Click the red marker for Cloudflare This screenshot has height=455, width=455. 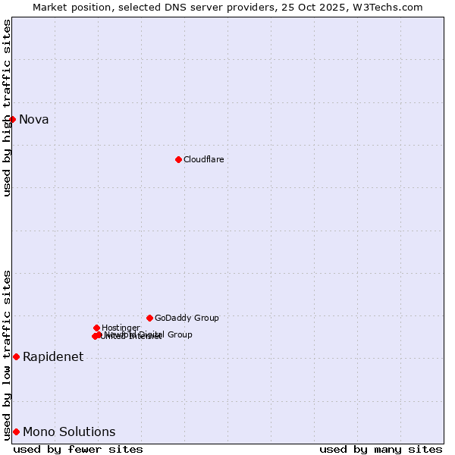tap(178, 159)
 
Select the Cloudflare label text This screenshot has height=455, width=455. tap(203, 159)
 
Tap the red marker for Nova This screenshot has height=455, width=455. tap(12, 119)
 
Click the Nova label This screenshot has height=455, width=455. tap(33, 119)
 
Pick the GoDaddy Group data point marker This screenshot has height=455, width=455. tap(149, 318)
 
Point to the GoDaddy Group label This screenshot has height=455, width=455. tap(187, 318)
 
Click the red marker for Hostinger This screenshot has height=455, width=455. tap(96, 328)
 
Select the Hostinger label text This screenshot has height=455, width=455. tap(121, 328)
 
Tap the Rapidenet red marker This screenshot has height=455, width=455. tap(16, 356)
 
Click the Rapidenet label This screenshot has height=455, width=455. tap(53, 356)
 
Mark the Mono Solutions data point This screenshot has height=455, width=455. tap(16, 431)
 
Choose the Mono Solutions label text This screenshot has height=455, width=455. tap(69, 431)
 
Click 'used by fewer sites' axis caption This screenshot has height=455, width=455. tap(78, 449)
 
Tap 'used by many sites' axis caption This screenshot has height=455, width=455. tap(381, 449)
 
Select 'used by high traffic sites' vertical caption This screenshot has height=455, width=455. tap(7, 108)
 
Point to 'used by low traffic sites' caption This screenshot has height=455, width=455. tap(7, 354)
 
